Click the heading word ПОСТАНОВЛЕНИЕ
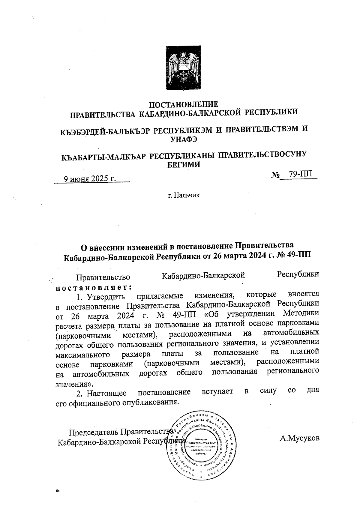click(184, 104)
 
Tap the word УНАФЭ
click(184, 139)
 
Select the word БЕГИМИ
click(184, 164)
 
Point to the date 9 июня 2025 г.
click(90, 179)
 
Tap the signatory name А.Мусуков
click(299, 438)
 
